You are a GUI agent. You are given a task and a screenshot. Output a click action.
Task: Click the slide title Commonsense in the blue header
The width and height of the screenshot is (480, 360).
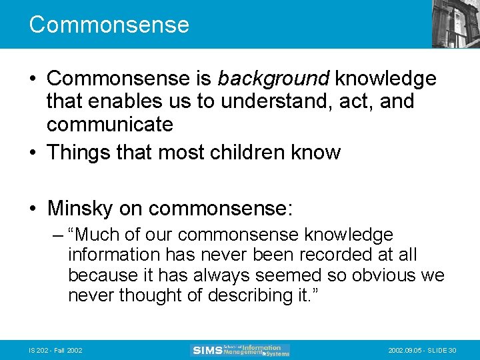coord(109,25)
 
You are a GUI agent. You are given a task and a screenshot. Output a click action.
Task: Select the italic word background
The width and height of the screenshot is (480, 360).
coord(273,79)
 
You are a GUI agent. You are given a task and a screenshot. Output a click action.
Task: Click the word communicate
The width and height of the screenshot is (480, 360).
coord(110,125)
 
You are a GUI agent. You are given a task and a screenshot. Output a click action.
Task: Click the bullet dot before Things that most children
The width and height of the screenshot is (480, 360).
coord(33,153)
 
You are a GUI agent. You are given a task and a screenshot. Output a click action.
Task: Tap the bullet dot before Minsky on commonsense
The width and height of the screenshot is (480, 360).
coord(33,208)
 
